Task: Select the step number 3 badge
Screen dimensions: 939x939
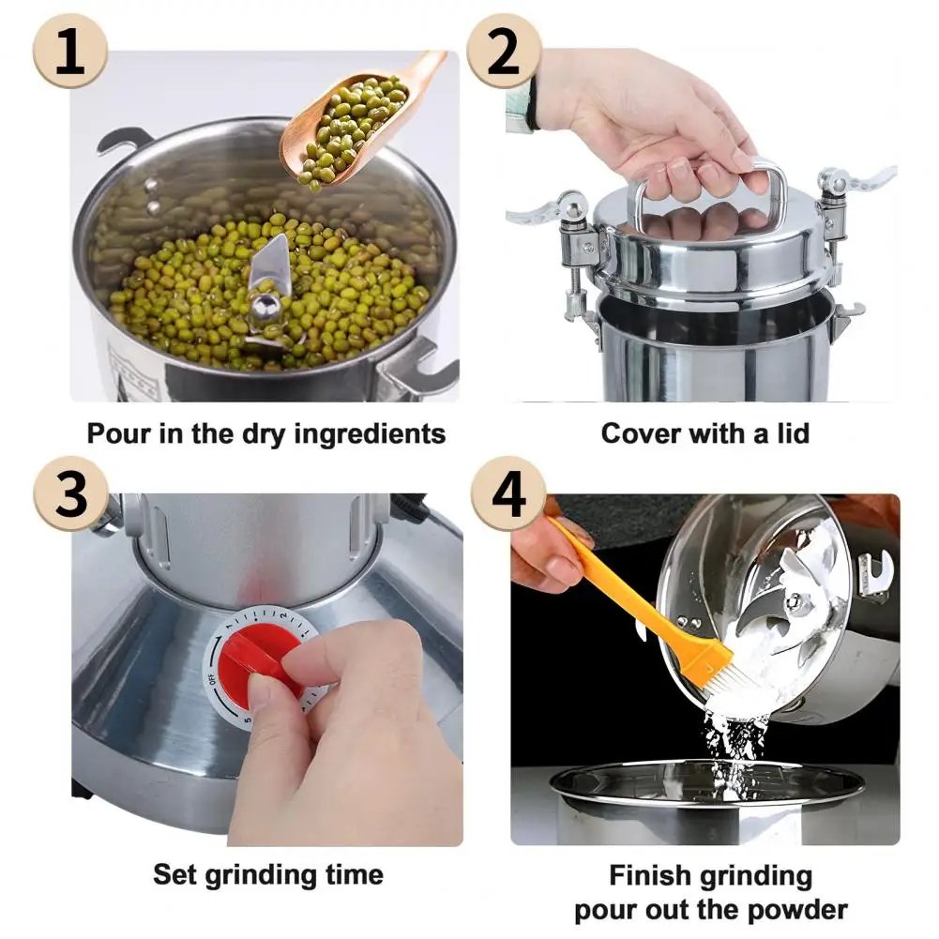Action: click(x=71, y=494)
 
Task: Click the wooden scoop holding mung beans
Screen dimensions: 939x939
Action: click(x=356, y=122)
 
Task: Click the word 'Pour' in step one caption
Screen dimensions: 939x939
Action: click(x=118, y=433)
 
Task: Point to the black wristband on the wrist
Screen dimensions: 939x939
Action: click(x=532, y=103)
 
